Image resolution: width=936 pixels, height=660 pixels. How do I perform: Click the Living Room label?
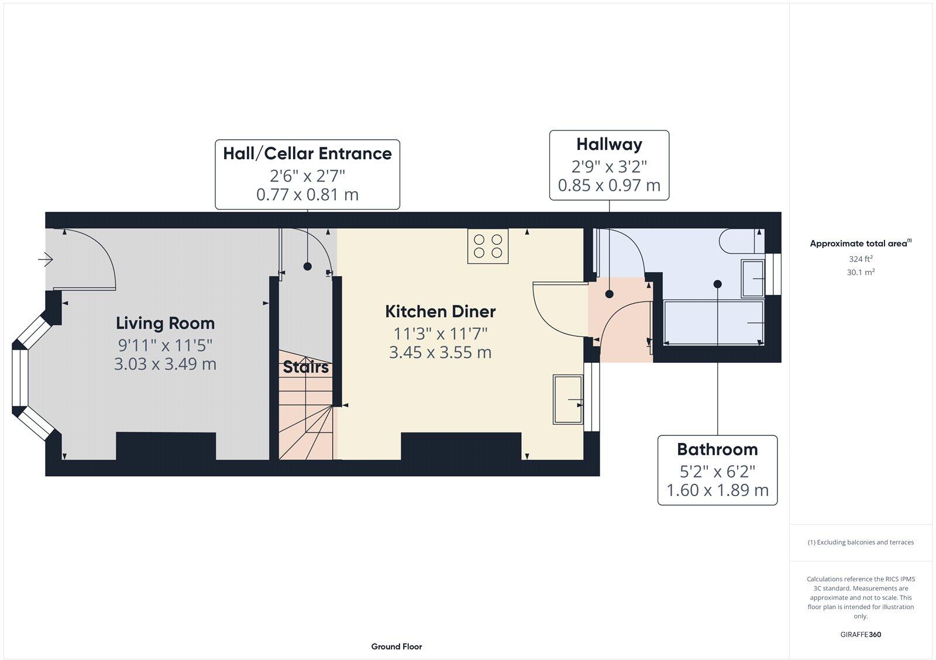tap(165, 323)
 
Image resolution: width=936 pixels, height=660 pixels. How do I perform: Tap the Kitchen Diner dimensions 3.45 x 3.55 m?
tap(440, 353)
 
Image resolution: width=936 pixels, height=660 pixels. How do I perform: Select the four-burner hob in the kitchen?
tap(488, 246)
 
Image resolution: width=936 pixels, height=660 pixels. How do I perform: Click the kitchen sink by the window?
tap(567, 400)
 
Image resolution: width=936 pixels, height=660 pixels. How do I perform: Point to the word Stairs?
tap(305, 367)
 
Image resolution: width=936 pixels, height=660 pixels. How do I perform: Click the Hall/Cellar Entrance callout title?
tap(307, 154)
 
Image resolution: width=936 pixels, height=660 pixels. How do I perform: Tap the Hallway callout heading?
tap(609, 144)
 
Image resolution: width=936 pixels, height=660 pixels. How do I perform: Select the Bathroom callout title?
tap(717, 449)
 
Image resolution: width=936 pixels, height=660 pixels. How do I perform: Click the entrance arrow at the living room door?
tap(46, 259)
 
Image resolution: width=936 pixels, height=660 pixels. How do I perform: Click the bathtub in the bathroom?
tap(714, 322)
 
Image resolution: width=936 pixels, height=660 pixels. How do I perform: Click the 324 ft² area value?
tap(861, 259)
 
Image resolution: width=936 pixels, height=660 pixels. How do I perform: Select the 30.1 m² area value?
tap(861, 272)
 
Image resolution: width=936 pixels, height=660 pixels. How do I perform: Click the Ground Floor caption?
tap(396, 647)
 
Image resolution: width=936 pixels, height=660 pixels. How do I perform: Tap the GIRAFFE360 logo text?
tap(861, 634)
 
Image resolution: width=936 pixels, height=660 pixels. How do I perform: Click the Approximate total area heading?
tap(859, 243)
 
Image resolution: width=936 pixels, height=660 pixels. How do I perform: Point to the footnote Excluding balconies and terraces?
tap(861, 542)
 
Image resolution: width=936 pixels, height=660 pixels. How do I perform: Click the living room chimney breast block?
tap(166, 446)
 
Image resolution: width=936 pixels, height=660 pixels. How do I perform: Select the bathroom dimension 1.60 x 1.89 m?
tap(717, 490)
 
